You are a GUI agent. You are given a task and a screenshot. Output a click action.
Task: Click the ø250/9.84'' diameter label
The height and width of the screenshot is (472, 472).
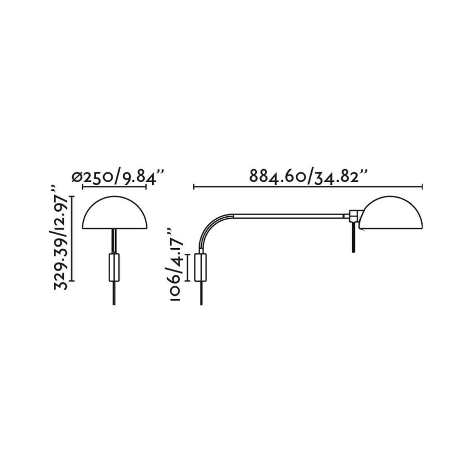pyautogui.click(x=118, y=177)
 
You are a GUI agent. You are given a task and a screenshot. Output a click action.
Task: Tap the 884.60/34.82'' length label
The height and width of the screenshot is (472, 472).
pyautogui.click(x=309, y=176)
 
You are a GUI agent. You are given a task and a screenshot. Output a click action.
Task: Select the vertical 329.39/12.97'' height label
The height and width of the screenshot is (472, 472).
pyautogui.click(x=61, y=238)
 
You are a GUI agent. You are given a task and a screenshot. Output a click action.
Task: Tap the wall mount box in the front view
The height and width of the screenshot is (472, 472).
pyautogui.click(x=114, y=267)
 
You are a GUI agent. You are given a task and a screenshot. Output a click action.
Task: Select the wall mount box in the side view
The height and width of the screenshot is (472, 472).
pyautogui.click(x=200, y=267)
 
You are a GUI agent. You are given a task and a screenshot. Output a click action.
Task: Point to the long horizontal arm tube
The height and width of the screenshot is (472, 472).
pyautogui.click(x=289, y=216)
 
